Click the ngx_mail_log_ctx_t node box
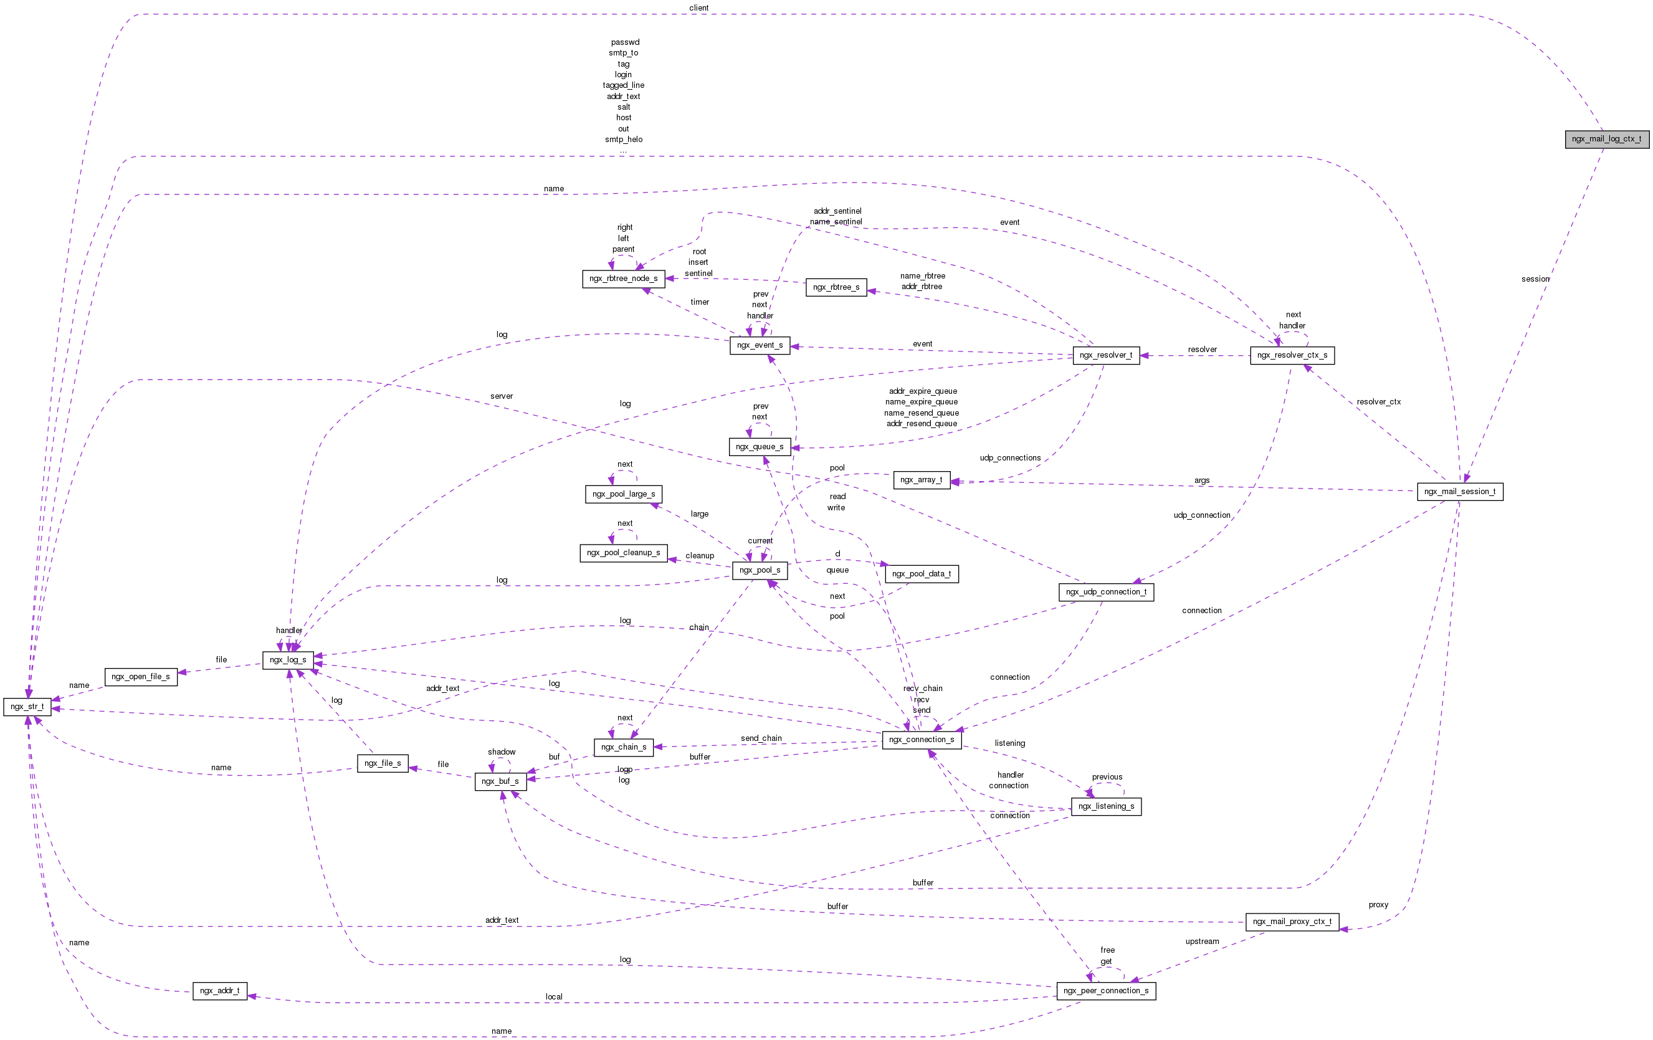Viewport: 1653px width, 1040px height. [x=1606, y=139]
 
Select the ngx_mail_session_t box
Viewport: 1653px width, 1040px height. [x=1459, y=492]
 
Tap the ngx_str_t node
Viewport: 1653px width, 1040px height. [x=27, y=707]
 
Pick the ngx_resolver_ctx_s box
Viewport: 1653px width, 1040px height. [x=1292, y=356]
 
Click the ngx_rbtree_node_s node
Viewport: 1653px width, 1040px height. [x=623, y=279]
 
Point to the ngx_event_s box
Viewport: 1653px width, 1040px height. [x=760, y=345]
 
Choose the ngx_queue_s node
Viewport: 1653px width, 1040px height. [x=760, y=447]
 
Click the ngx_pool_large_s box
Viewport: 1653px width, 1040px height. [x=623, y=494]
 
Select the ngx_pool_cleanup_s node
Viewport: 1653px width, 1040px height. [x=623, y=553]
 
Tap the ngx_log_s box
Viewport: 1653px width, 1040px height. [x=288, y=660]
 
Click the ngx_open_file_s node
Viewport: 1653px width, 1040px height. [x=141, y=677]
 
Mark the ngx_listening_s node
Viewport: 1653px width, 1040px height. [x=1106, y=806]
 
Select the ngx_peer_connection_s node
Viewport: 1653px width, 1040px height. [x=1106, y=991]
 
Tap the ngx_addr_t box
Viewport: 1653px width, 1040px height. [x=220, y=991]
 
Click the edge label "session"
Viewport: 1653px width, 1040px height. [x=1535, y=279]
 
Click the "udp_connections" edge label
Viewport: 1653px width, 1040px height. [x=1010, y=458]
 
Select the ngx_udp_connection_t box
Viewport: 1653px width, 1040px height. [x=1106, y=592]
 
